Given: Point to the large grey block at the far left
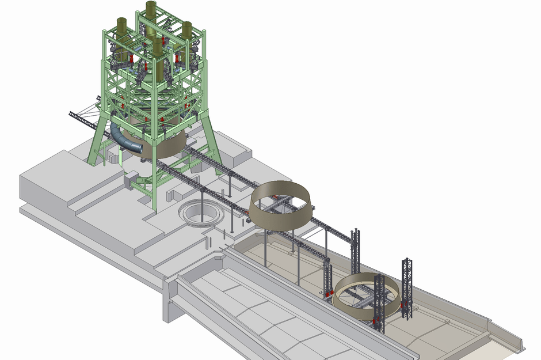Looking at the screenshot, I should [43, 184].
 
